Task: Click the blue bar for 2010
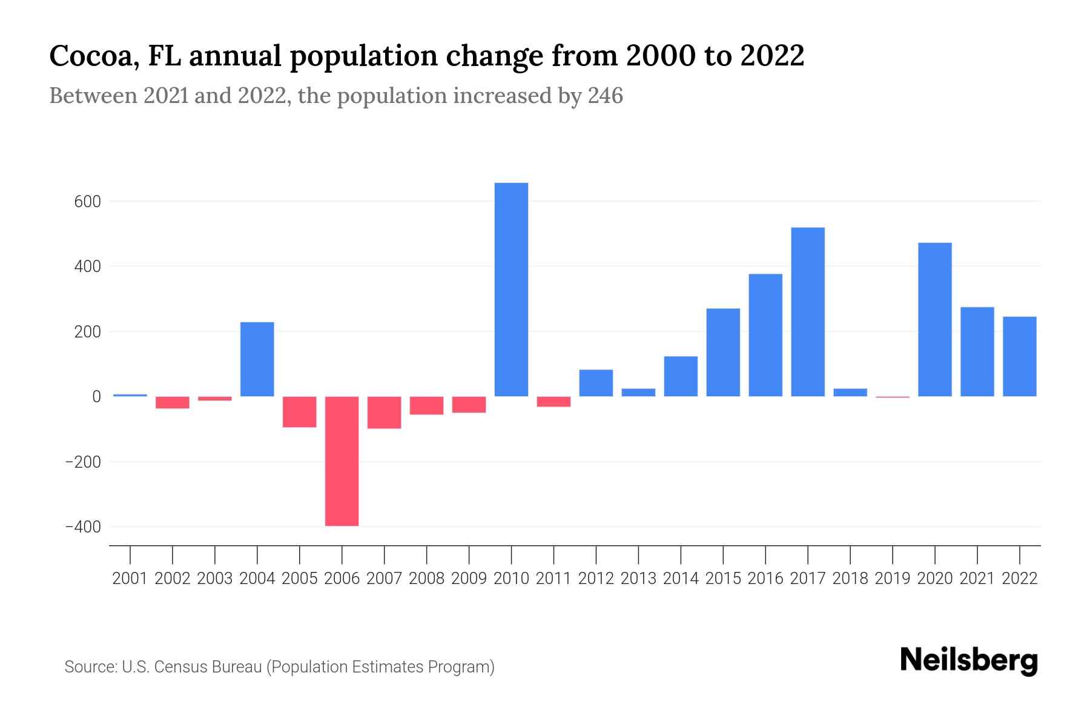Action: (x=511, y=290)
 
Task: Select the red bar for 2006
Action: (x=342, y=461)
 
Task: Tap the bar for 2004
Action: (x=257, y=359)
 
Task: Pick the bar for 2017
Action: (x=808, y=312)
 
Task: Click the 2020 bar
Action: (x=934, y=320)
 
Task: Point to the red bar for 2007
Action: (x=384, y=413)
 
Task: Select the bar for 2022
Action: (x=1019, y=357)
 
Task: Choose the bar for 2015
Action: (x=723, y=353)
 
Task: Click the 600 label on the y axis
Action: (x=87, y=202)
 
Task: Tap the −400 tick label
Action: (x=83, y=528)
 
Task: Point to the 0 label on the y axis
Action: (x=96, y=397)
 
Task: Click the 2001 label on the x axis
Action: (x=130, y=579)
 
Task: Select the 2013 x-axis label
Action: (x=638, y=579)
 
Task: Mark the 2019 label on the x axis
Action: (x=892, y=579)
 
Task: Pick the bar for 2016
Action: (x=765, y=335)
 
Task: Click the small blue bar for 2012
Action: (x=596, y=383)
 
